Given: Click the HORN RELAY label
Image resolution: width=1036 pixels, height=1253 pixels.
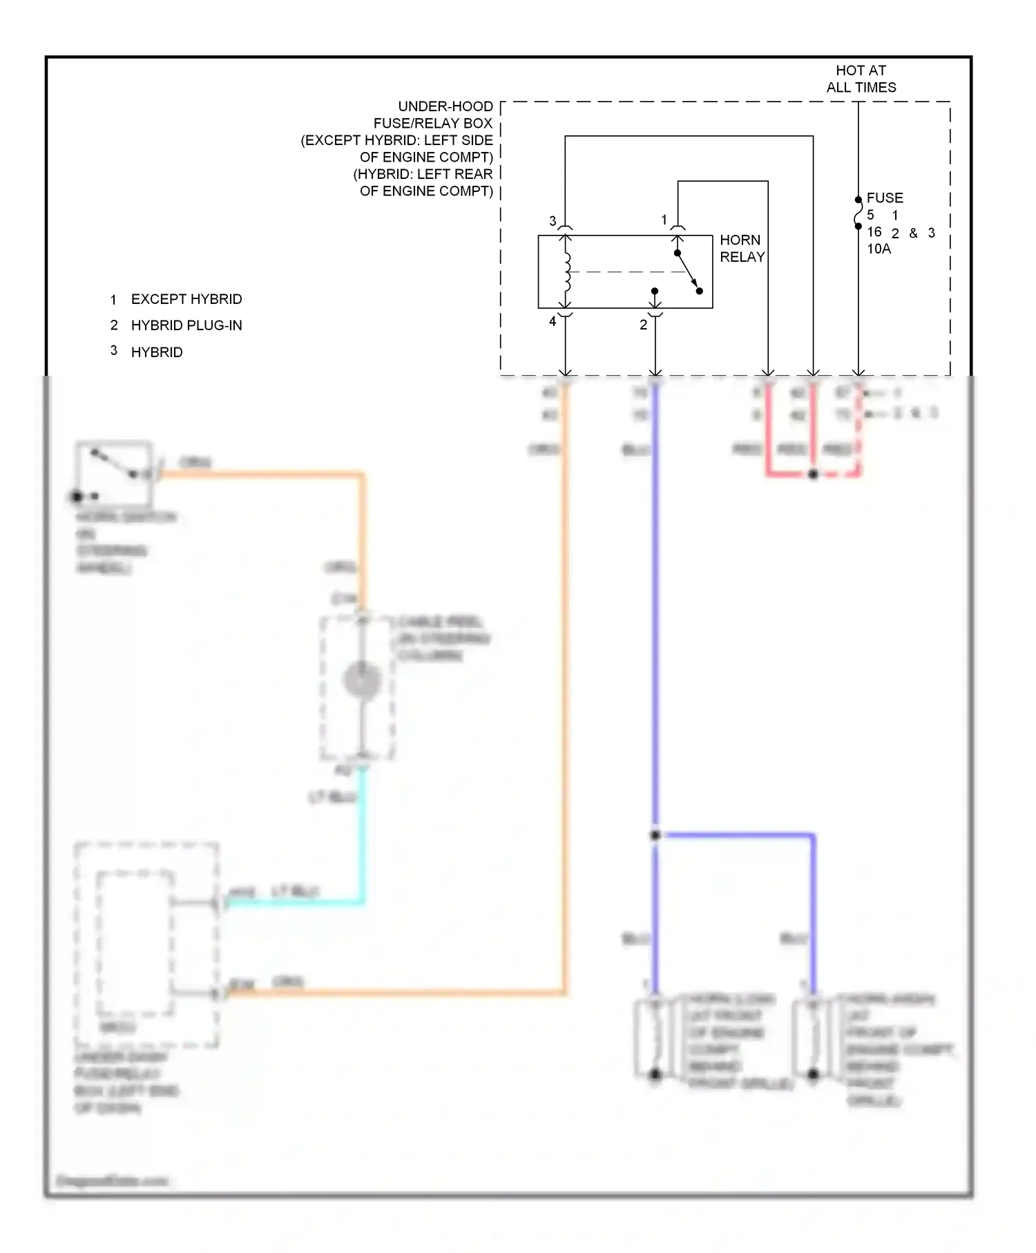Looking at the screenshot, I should [x=742, y=249].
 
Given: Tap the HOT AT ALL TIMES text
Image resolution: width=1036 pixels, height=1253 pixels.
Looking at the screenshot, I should [x=861, y=79].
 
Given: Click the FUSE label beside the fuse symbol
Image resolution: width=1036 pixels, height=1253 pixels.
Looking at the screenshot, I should [x=885, y=198].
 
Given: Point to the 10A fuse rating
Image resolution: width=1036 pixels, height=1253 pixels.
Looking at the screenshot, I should [x=879, y=249].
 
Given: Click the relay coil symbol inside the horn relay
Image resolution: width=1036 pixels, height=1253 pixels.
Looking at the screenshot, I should [x=567, y=271].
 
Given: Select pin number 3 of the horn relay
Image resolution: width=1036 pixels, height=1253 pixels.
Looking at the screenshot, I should [x=553, y=221].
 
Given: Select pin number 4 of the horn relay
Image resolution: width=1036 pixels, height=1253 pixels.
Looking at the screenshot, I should [x=553, y=321].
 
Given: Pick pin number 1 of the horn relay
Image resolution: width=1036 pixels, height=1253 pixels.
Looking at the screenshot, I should [x=664, y=220].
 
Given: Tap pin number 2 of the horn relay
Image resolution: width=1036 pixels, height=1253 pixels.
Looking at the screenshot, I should [x=643, y=325].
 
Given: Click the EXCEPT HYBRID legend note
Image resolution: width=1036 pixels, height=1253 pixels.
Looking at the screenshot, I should [x=186, y=299].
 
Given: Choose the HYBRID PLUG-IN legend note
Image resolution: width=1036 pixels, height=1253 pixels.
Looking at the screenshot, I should [x=186, y=325].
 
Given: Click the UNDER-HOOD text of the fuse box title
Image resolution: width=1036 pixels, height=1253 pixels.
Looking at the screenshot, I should [x=445, y=106].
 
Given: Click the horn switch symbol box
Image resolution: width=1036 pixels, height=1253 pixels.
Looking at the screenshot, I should [x=114, y=472].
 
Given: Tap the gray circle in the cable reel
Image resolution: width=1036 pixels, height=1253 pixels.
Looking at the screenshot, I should [x=362, y=680].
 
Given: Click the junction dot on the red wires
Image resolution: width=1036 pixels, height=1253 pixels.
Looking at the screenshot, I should [x=813, y=475].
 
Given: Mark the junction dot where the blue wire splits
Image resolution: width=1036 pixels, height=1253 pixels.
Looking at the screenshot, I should [x=655, y=835].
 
